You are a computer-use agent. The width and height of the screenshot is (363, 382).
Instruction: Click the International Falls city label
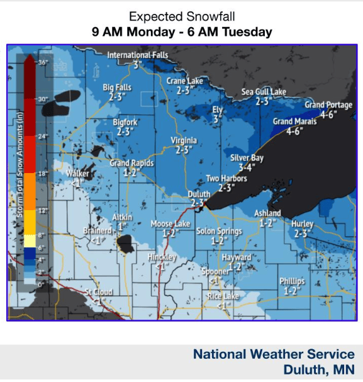coord(138,55)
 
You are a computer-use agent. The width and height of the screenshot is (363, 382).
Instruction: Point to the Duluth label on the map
coord(199,194)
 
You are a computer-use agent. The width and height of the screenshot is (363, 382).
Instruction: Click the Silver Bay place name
coord(247,159)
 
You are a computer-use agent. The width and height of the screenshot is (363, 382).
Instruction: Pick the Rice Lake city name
coord(223,296)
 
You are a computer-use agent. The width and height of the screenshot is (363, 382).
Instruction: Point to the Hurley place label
coord(302,224)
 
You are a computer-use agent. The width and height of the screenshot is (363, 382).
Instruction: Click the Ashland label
coord(267,213)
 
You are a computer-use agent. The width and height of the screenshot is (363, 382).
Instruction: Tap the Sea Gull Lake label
coord(264,92)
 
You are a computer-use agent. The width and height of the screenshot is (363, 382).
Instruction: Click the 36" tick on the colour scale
coord(43,62)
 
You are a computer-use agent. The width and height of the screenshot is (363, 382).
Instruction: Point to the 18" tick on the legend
coord(43,173)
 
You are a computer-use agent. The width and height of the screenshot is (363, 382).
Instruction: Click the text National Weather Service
coord(274,354)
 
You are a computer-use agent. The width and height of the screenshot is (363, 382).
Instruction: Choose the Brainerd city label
coord(97,231)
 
